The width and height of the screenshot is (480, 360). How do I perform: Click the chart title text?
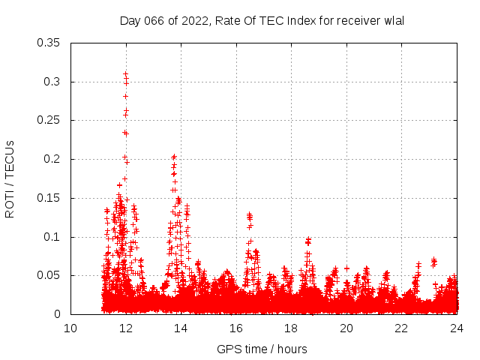tap(262, 20)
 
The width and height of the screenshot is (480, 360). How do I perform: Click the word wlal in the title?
tap(393, 20)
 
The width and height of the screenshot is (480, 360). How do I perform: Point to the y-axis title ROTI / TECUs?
tap(10, 178)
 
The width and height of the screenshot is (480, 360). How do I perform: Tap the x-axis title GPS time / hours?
tap(262, 349)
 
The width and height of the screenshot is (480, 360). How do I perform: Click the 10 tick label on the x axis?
tap(70, 328)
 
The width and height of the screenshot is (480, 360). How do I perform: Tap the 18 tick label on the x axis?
tap(291, 328)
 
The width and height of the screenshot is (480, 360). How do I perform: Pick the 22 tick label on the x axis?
tap(401, 328)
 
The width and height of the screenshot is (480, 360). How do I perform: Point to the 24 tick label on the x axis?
tap(456, 328)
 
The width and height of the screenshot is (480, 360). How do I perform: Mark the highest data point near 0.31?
tap(125, 74)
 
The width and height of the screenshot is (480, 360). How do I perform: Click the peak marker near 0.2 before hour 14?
tap(174, 157)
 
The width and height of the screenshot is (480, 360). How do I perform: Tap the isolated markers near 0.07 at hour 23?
tap(433, 262)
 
